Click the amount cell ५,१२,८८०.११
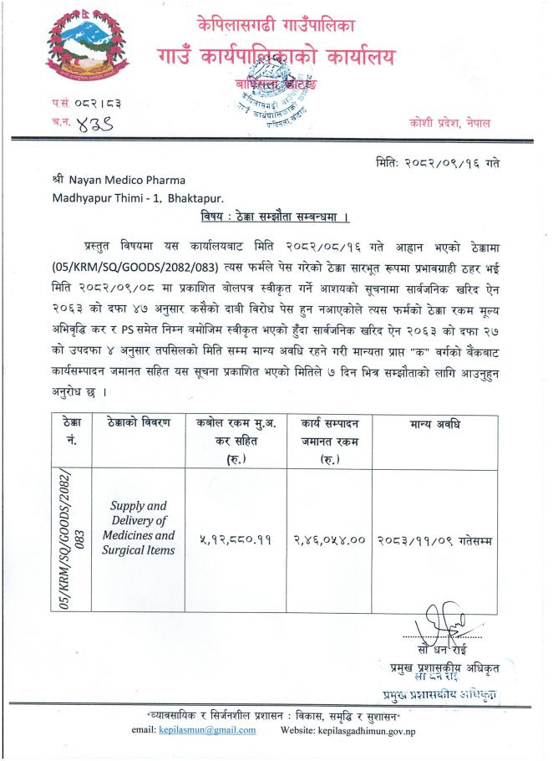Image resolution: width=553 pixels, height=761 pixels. point(232,541)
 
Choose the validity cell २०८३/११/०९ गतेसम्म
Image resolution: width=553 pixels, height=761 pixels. point(434,541)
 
